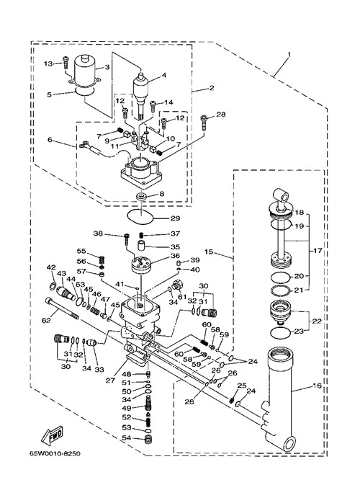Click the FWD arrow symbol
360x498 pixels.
(53, 435)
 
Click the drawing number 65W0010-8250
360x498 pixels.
(55, 453)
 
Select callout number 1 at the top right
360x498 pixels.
(289, 55)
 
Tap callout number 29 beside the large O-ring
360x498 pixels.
(176, 218)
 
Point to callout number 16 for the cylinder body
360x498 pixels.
(318, 386)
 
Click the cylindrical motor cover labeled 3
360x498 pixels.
(84, 72)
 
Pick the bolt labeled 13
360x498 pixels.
(66, 63)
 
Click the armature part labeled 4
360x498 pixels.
(140, 94)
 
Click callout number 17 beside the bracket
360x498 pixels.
(318, 251)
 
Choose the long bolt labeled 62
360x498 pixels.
(62, 308)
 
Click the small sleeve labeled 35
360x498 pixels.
(141, 246)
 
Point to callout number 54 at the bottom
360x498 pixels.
(127, 438)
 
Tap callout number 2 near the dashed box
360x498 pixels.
(212, 88)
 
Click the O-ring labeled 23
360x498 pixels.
(281, 333)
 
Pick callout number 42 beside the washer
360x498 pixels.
(51, 267)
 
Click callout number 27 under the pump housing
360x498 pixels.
(110, 381)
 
